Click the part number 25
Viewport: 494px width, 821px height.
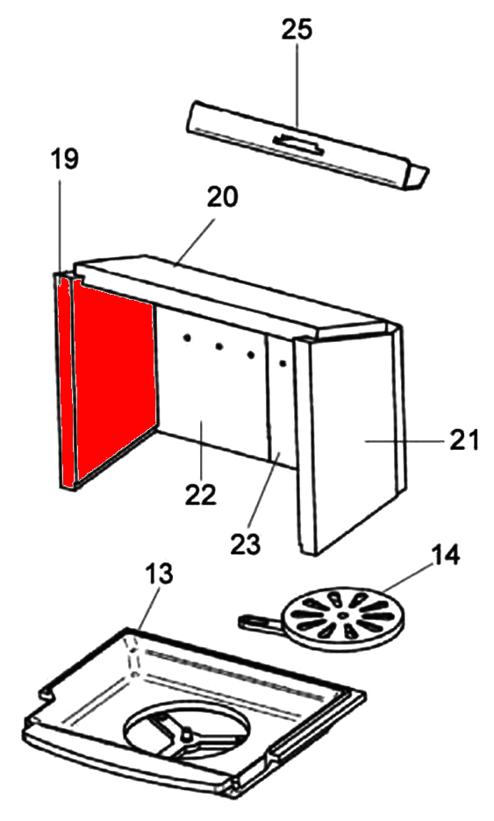pyautogui.click(x=297, y=30)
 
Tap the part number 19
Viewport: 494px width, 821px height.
pyautogui.click(x=64, y=160)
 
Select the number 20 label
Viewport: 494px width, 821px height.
pyautogui.click(x=222, y=196)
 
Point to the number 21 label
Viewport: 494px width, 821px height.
pyautogui.click(x=465, y=439)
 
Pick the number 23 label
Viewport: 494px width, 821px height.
pyautogui.click(x=246, y=544)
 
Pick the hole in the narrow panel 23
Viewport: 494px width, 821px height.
pyautogui.click(x=282, y=361)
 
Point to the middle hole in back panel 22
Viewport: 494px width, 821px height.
pyautogui.click(x=218, y=346)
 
